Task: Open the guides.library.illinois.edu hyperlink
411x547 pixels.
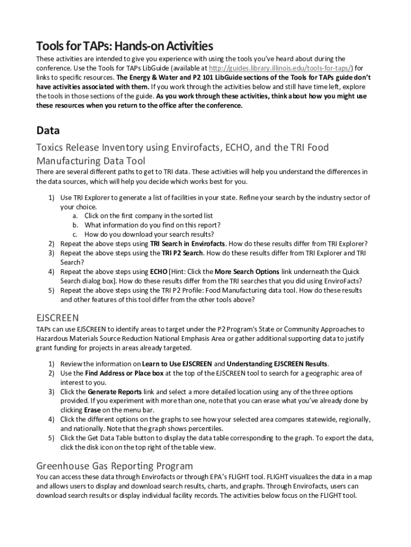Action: (x=281, y=68)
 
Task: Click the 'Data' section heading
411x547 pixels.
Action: (x=48, y=130)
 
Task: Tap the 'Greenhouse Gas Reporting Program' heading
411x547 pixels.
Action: (x=114, y=465)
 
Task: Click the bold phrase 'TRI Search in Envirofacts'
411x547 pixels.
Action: (x=187, y=244)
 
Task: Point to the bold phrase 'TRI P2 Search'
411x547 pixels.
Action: (x=176, y=253)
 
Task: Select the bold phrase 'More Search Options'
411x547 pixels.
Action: (x=240, y=272)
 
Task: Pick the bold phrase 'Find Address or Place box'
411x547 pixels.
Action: (x=124, y=373)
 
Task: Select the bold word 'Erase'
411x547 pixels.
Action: (x=92, y=410)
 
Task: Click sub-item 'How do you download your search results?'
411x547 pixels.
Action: (x=149, y=234)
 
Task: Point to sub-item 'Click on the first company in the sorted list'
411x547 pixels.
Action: (x=148, y=216)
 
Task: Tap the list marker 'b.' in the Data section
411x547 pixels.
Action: (x=76, y=225)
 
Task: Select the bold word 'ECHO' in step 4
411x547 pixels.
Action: (x=159, y=272)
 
